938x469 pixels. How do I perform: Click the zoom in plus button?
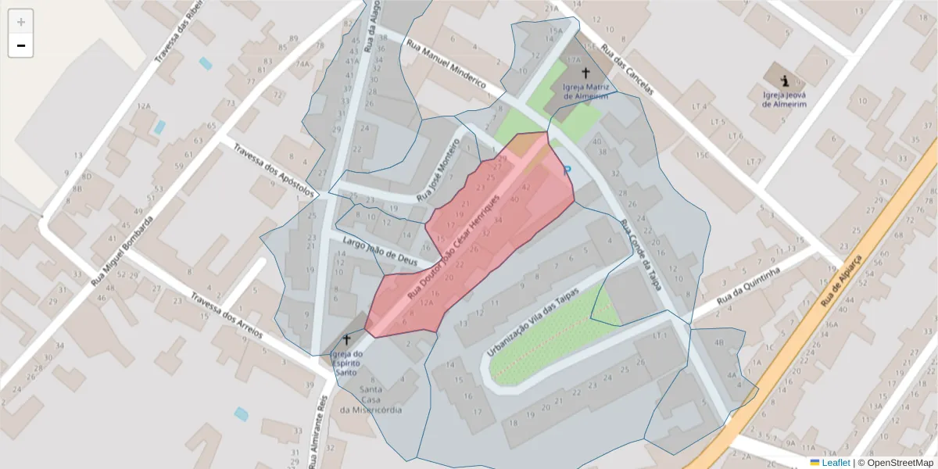pos(21,22)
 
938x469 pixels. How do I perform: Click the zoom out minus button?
pos(21,45)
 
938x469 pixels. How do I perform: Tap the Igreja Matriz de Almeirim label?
pos(586,91)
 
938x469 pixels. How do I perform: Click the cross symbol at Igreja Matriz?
pos(585,72)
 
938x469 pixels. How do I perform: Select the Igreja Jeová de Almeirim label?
pos(784,98)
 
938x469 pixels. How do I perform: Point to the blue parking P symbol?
pos(567,170)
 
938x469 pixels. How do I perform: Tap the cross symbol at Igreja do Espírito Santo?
pos(347,340)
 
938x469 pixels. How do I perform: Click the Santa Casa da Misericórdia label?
pos(371,399)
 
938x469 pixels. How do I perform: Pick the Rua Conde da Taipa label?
pos(643,254)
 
